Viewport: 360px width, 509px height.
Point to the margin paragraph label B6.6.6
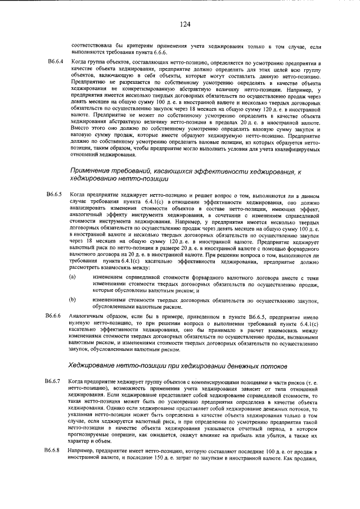(56, 316)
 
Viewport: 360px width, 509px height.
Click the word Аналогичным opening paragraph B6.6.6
(88, 316)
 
